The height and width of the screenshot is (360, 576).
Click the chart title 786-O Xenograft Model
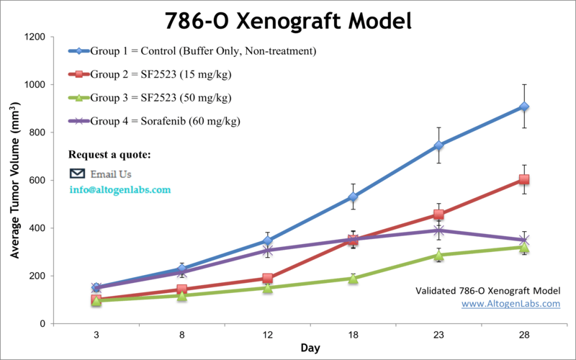click(288, 20)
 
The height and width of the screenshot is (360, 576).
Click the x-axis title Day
click(310, 348)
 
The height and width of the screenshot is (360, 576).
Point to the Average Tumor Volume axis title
click(14, 180)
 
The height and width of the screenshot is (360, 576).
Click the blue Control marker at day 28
click(524, 107)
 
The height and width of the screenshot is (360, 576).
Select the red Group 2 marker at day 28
click(524, 179)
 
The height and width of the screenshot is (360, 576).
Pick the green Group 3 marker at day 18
click(353, 278)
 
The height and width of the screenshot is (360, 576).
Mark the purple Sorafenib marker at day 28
click(524, 240)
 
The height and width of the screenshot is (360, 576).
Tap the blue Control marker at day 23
click(438, 145)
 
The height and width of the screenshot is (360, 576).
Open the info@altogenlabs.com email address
click(120, 190)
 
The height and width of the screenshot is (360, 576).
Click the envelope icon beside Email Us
click(77, 174)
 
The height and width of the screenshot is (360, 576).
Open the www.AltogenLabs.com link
click(510, 304)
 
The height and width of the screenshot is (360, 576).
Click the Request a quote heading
click(109, 155)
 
